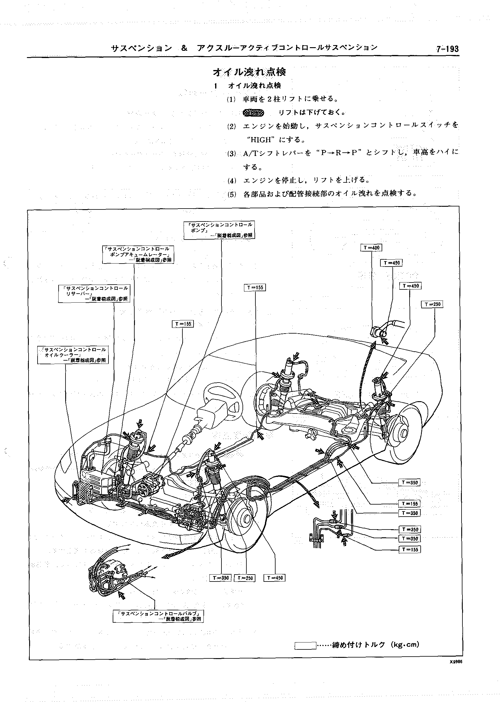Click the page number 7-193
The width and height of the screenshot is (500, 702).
tap(447, 49)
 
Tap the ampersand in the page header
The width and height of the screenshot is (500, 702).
tap(184, 48)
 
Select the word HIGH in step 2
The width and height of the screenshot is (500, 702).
tap(261, 139)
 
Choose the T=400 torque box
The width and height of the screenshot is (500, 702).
tap(371, 248)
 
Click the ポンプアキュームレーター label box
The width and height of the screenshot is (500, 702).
tap(138, 254)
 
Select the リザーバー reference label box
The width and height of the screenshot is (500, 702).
tap(94, 293)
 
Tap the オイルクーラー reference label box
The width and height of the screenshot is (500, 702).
tap(73, 355)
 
